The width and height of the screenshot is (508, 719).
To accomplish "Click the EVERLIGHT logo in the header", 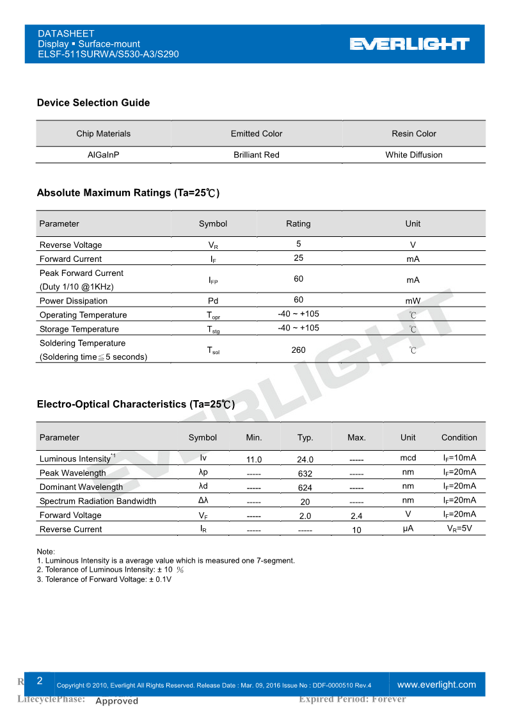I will (409, 44).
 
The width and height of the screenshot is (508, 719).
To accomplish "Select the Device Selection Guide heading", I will (93, 102).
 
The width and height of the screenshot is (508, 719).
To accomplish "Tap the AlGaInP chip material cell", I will (103, 155).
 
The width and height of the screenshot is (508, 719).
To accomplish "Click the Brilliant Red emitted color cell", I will (257, 155).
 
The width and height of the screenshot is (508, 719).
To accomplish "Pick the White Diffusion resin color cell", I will (414, 155).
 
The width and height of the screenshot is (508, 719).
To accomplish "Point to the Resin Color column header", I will (414, 134).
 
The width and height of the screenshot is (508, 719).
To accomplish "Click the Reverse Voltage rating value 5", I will (298, 244).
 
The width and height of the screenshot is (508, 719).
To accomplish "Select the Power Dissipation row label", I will (74, 301).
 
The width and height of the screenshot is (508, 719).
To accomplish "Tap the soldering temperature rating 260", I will (298, 350).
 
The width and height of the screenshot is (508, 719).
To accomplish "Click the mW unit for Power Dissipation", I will (413, 301).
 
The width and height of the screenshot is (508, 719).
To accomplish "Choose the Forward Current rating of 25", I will (298, 258).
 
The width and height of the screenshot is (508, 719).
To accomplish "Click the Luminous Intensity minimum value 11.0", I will (254, 460).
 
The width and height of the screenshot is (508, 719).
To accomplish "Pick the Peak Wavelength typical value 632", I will (305, 474).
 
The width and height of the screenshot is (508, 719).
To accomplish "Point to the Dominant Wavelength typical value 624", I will (305, 488).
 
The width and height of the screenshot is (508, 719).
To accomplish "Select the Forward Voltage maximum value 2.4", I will (356, 516).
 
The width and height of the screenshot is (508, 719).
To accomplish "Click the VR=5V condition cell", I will (459, 529).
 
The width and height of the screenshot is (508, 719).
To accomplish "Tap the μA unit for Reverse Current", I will (408, 529).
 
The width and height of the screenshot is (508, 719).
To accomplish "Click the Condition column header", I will (459, 438).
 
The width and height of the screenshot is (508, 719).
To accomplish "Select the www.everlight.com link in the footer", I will (437, 684).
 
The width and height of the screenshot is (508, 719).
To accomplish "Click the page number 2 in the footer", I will (40, 681).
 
